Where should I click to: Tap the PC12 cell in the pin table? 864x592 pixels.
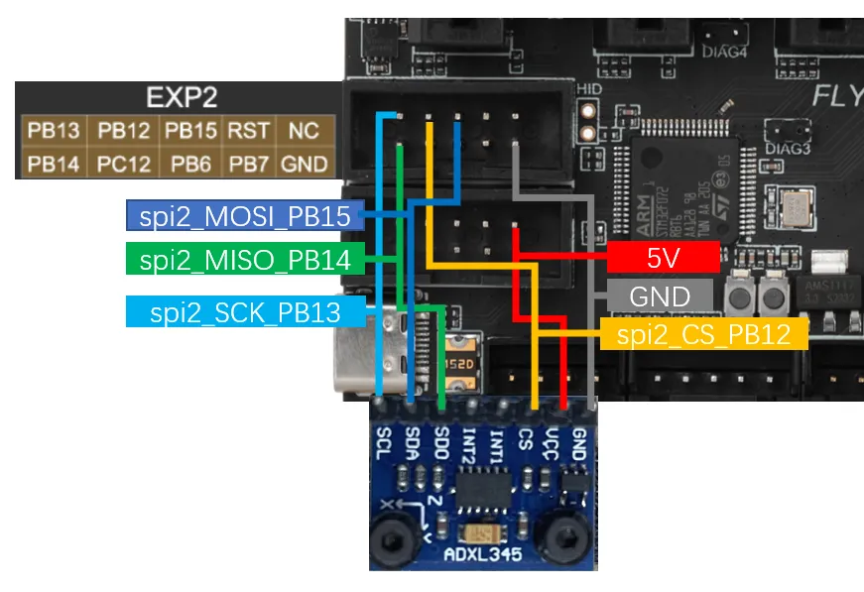123,164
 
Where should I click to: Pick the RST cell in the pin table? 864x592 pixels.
247,130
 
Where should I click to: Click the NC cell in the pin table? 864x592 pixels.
304,130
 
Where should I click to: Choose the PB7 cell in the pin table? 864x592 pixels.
247,164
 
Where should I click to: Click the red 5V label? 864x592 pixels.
663,258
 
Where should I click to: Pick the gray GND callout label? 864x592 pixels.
660,296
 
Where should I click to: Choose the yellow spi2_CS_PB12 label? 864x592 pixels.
703,334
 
